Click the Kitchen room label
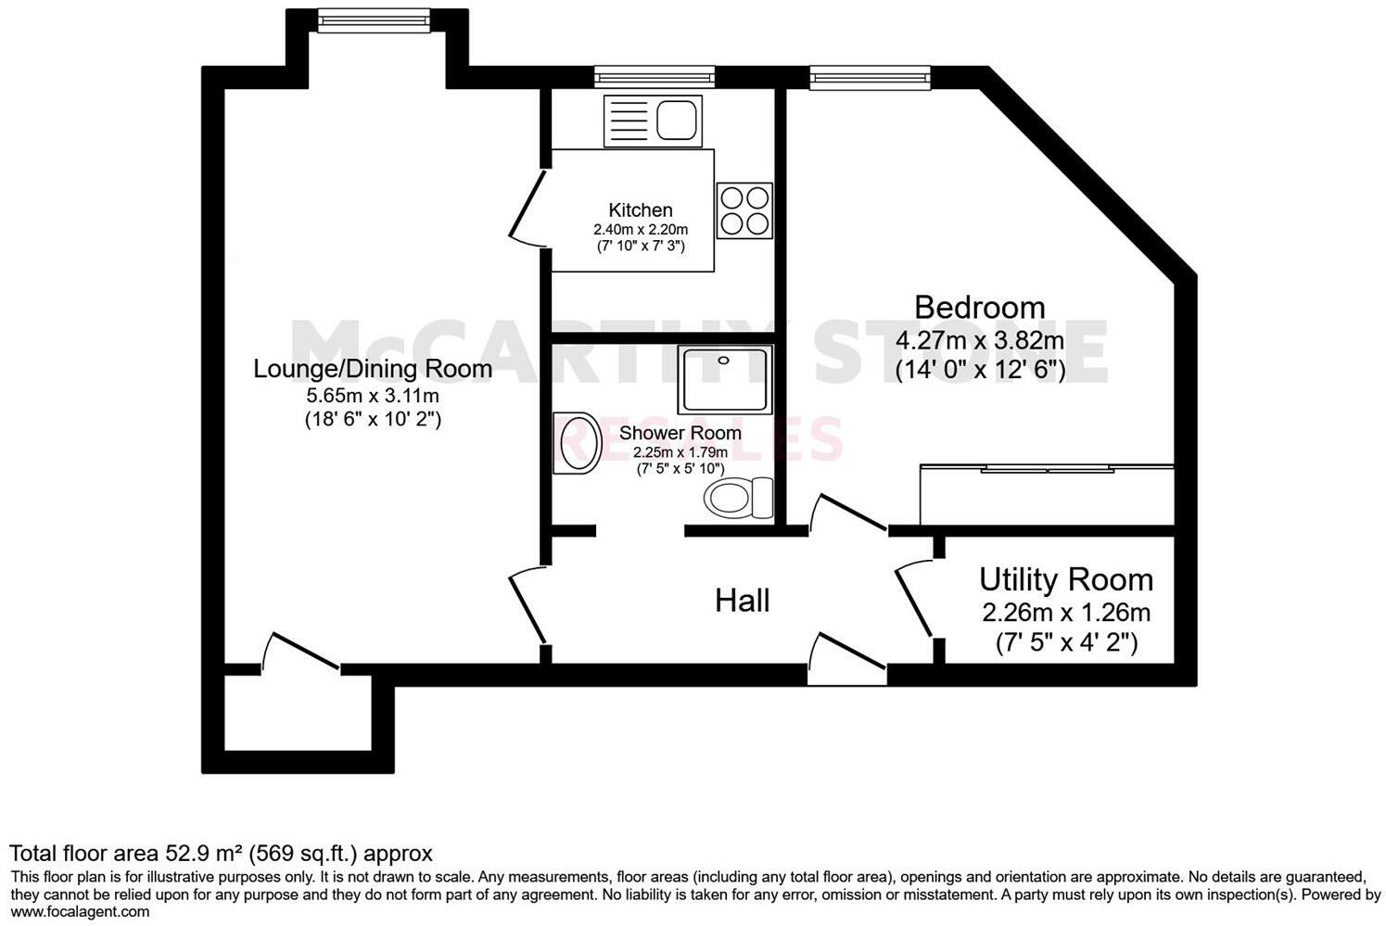click(x=640, y=210)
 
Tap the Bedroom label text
click(x=979, y=307)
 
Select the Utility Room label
click(x=1066, y=580)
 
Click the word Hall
click(x=742, y=601)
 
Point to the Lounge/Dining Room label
click(x=373, y=369)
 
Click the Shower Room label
click(x=680, y=433)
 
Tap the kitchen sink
click(x=653, y=121)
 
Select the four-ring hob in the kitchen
click(x=744, y=210)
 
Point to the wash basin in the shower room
click(x=578, y=443)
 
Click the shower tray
click(x=724, y=380)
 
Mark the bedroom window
click(x=870, y=78)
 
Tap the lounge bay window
click(x=373, y=19)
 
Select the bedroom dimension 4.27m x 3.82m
click(x=979, y=340)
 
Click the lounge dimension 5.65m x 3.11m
click(x=373, y=396)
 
